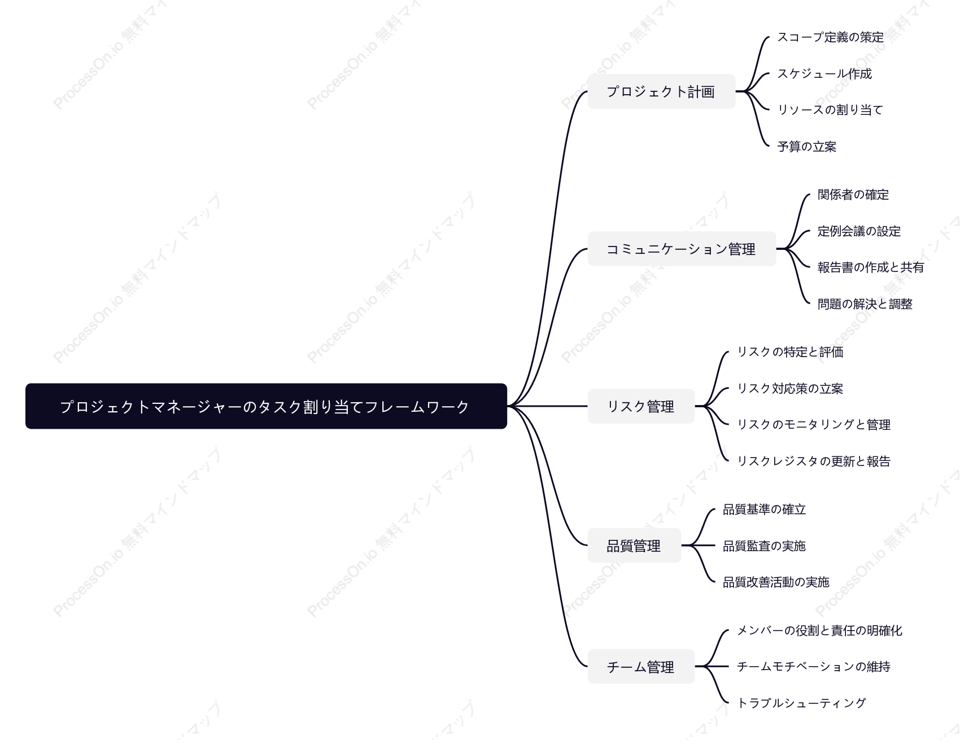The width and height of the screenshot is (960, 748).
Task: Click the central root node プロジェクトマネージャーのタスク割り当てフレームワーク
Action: point(266,406)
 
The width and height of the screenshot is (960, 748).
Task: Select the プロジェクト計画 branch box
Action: point(661,91)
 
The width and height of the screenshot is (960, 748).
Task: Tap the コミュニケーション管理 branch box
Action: point(682,249)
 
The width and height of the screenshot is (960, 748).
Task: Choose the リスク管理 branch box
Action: point(641,406)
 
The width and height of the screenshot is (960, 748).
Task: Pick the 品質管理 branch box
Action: point(634,545)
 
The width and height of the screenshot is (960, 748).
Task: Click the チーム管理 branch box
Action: point(641,667)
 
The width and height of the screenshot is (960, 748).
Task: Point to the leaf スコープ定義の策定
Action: point(831,37)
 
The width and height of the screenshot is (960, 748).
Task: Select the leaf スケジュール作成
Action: point(824,74)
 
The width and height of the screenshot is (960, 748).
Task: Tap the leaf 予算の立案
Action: point(807,147)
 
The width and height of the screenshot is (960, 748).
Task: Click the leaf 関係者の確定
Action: point(853,195)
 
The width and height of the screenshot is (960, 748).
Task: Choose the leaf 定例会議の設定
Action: point(859,231)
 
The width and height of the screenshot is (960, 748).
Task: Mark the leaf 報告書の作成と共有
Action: point(871,267)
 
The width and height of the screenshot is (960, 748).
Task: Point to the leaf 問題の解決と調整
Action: point(865,304)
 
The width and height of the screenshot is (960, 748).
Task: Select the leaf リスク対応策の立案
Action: point(790,389)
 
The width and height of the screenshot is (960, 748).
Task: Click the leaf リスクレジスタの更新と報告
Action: point(814,461)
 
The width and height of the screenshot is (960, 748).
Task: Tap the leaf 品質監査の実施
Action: point(764,546)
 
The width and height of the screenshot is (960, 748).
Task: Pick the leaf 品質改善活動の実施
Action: point(776,582)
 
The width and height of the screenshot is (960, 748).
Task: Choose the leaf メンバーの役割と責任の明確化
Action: point(819,631)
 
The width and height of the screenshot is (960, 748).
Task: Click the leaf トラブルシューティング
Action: point(801,703)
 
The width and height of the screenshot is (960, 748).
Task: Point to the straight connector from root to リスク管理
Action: point(548,406)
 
